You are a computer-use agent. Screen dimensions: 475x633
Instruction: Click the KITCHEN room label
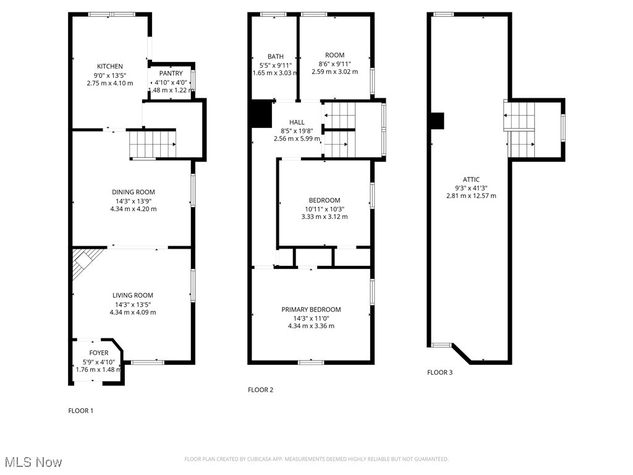coord(110,66)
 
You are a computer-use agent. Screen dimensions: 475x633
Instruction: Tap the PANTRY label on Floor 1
coord(171,74)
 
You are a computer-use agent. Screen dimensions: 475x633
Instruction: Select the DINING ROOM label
coord(133,192)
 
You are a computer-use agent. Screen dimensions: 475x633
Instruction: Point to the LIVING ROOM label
coord(133,295)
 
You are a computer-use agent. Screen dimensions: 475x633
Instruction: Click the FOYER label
coord(98,353)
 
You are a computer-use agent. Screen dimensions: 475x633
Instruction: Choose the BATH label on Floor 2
coord(275,56)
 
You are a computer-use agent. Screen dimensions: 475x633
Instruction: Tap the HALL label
coord(297,122)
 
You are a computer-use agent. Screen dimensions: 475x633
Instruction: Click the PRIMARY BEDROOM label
coord(311,309)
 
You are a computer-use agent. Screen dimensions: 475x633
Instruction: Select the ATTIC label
coord(470,179)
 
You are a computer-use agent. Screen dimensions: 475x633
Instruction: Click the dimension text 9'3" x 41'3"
coord(470,187)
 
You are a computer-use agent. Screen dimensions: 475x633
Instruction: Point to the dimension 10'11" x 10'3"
coord(325,208)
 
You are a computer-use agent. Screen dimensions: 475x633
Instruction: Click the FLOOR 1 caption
coord(80,410)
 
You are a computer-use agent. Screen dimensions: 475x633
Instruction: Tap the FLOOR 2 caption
coord(260,390)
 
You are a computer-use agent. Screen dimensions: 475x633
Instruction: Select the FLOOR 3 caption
coord(440,372)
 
